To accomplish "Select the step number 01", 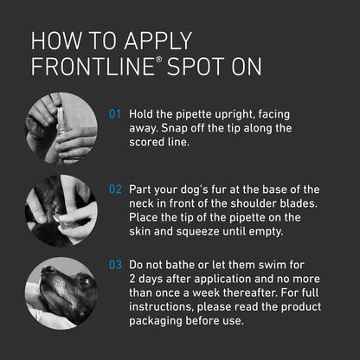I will [115, 113].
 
